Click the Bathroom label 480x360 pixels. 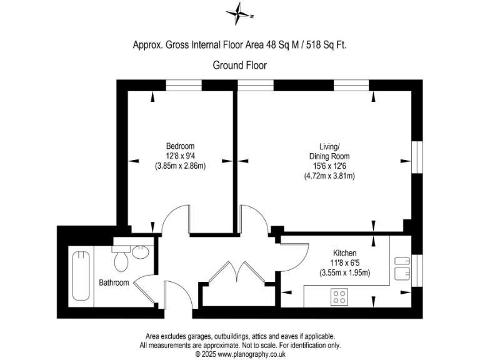click(x=114, y=282)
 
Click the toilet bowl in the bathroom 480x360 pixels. click(x=122, y=258)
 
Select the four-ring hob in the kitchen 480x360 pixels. click(x=340, y=296)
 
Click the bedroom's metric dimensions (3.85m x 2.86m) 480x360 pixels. click(x=180, y=166)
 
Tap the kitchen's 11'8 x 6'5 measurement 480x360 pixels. click(x=344, y=262)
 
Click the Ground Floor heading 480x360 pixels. click(x=240, y=64)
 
